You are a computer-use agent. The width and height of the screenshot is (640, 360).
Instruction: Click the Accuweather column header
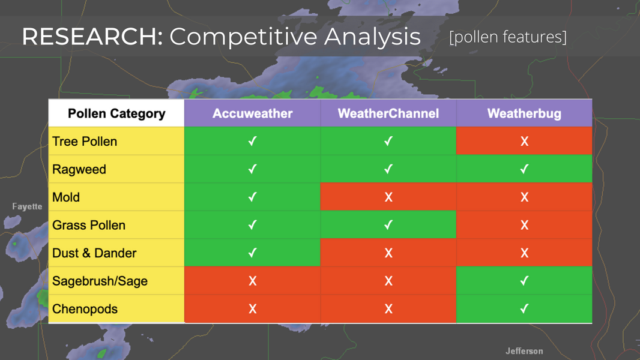click(252, 113)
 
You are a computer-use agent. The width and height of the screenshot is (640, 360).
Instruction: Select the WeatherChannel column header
click(388, 113)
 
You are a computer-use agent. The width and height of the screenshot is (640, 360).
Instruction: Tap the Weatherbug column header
click(524, 113)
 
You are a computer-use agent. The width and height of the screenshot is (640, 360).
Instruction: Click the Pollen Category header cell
click(116, 113)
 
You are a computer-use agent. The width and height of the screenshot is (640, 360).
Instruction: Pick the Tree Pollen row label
click(85, 142)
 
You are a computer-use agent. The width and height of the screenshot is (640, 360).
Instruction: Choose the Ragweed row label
click(79, 169)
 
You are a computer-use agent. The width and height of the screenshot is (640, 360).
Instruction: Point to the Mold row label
click(66, 197)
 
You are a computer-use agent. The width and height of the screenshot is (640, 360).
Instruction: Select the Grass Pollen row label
click(89, 225)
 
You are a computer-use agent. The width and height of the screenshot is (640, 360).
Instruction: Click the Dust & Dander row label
click(94, 253)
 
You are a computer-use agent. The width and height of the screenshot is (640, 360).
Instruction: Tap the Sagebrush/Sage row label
click(100, 281)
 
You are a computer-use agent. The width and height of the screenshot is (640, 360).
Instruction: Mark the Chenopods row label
click(85, 309)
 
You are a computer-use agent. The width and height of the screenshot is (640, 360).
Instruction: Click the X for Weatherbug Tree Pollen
click(525, 142)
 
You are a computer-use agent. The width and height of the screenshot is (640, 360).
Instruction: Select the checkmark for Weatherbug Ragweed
click(525, 169)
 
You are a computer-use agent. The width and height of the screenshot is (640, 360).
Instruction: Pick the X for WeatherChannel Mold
click(388, 197)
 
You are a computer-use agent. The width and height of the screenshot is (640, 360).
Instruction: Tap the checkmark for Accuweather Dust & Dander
click(253, 253)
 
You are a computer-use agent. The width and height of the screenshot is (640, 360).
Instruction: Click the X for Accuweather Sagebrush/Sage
click(253, 281)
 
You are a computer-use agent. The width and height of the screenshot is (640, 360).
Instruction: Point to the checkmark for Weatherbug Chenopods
click(525, 308)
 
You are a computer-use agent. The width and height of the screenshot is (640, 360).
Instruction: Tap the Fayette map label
click(27, 207)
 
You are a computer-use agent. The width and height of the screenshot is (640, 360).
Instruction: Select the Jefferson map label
click(524, 351)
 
